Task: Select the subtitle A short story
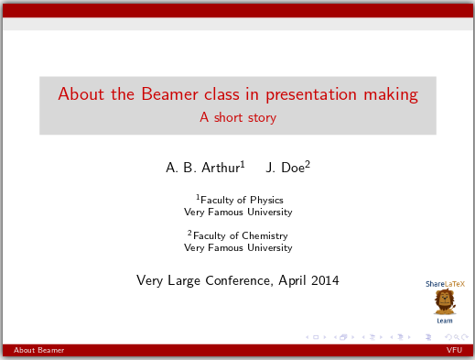pyautogui.click(x=238, y=117)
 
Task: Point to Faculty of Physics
pyautogui.click(x=242, y=200)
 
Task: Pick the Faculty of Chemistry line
pyautogui.click(x=242, y=235)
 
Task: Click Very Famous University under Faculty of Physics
pyautogui.click(x=238, y=212)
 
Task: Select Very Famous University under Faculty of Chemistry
pyautogui.click(x=238, y=247)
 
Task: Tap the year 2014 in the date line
pyautogui.click(x=324, y=280)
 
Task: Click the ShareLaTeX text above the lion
pyautogui.click(x=445, y=284)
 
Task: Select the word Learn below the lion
pyautogui.click(x=445, y=321)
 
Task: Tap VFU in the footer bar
pyautogui.click(x=454, y=350)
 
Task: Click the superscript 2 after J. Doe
pyautogui.click(x=308, y=164)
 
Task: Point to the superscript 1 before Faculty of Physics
pyautogui.click(x=199, y=197)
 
